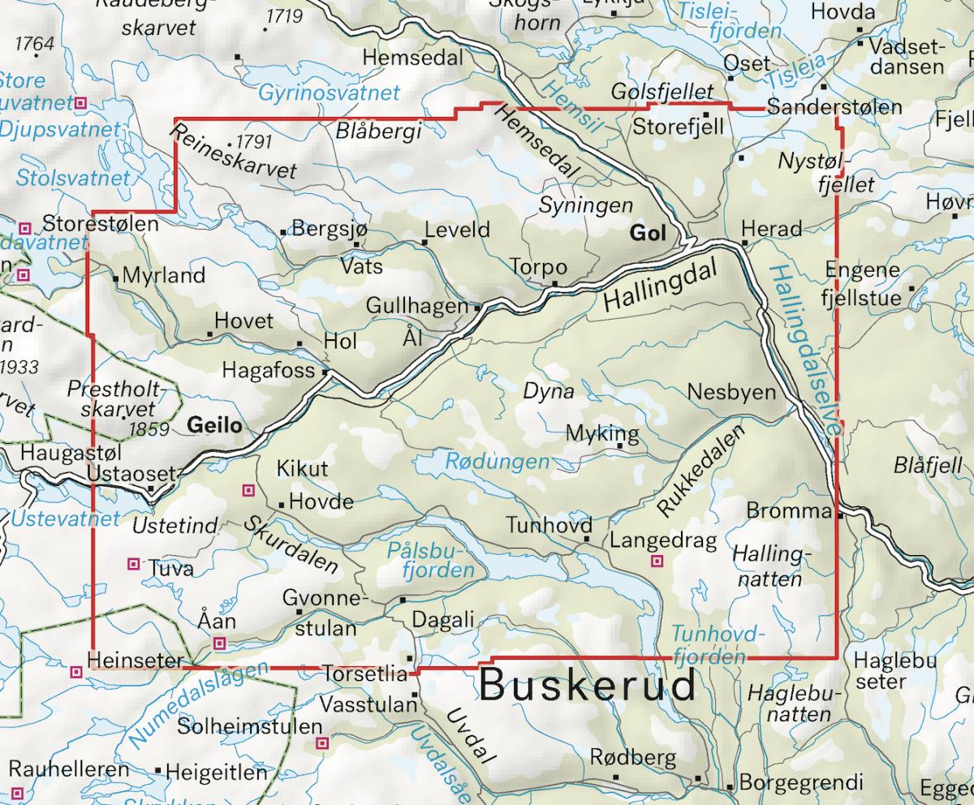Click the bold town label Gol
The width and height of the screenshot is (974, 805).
tap(647, 235)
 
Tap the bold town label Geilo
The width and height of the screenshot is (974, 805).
tap(214, 424)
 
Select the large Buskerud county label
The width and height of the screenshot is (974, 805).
tap(588, 686)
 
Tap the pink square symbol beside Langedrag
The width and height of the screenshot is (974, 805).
tap(657, 561)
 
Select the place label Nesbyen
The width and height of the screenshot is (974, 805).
tap(731, 392)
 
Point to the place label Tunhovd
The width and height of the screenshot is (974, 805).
tap(549, 524)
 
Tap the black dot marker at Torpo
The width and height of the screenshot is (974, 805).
tap(555, 283)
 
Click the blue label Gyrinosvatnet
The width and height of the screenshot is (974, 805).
tap(329, 93)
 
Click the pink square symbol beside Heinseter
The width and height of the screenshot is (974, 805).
tap(76, 671)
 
